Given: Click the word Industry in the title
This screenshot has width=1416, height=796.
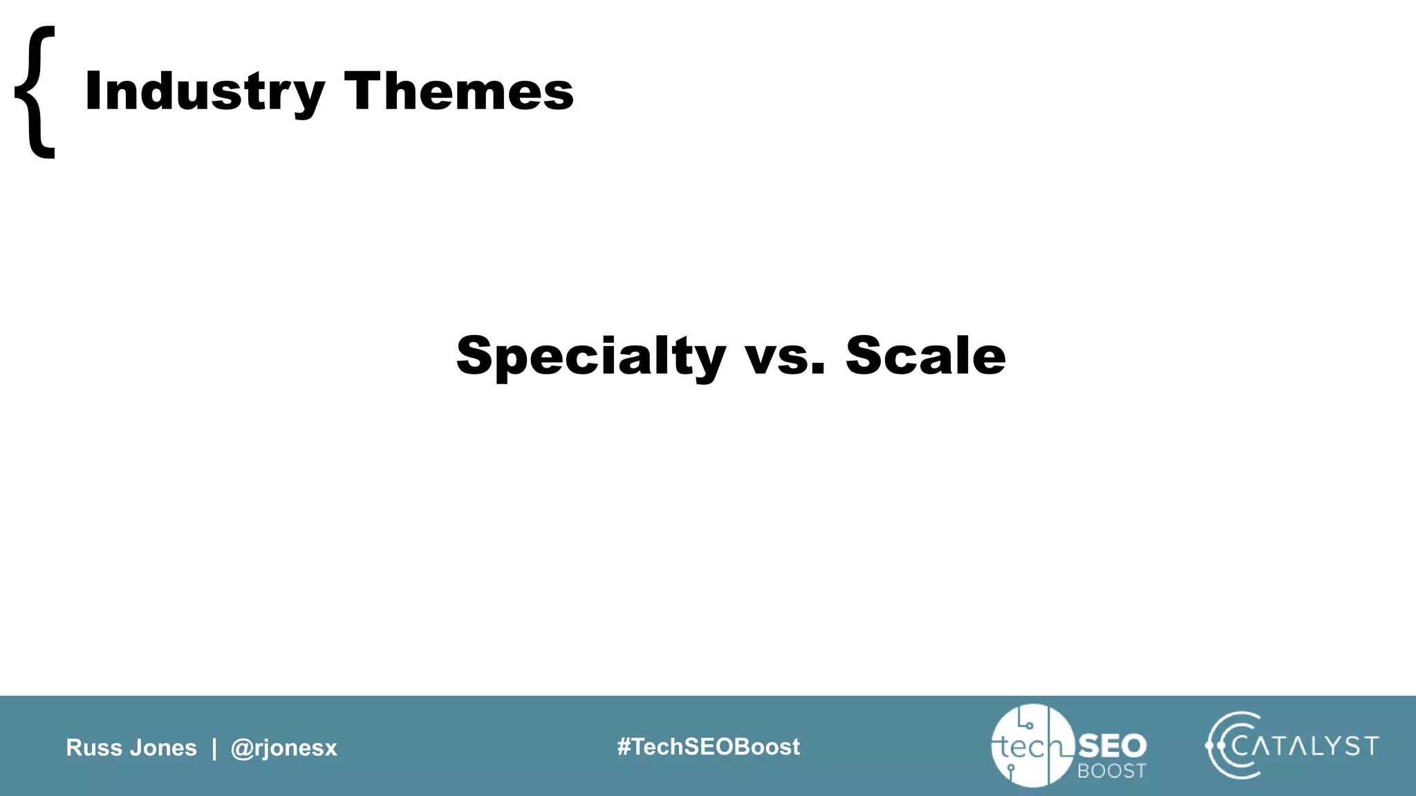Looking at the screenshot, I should pyautogui.click(x=204, y=91).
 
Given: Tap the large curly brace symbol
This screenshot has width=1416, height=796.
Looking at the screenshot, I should pyautogui.click(x=35, y=92).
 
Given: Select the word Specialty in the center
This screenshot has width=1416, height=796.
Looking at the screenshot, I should pyautogui.click(x=590, y=356).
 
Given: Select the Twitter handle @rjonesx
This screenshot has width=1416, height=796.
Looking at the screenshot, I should pyautogui.click(x=283, y=748).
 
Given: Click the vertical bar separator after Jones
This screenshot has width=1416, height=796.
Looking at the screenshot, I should pyautogui.click(x=214, y=748).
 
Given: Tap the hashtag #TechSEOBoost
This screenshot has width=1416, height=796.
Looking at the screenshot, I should pyautogui.click(x=708, y=747).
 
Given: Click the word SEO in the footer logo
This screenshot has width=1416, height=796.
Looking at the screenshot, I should pyautogui.click(x=1112, y=746).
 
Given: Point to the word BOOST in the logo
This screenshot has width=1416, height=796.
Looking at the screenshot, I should pyautogui.click(x=1112, y=771).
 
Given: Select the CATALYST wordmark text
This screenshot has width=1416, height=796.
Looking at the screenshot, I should pyautogui.click(x=1305, y=746).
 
